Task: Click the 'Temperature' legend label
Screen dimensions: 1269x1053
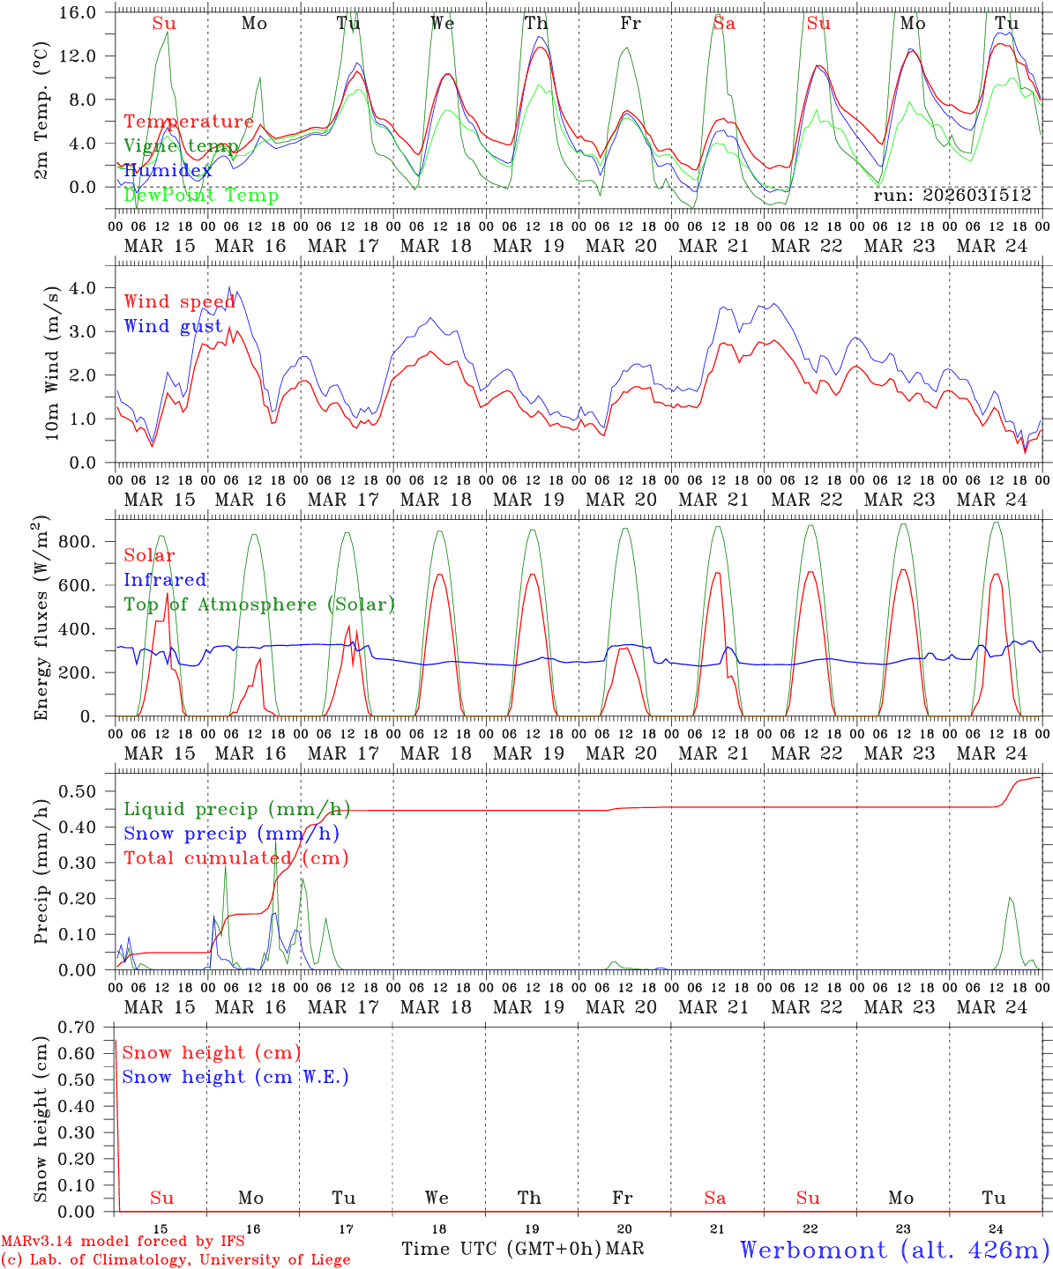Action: [x=189, y=122]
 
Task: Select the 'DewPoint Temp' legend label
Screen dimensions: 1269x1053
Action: [x=201, y=196]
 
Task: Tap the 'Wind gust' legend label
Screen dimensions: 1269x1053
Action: [x=173, y=326]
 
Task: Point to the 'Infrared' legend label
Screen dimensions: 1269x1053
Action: [x=165, y=580]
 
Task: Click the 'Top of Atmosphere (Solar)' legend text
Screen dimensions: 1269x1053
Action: [x=259, y=605]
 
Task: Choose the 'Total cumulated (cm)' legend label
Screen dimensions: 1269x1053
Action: [x=235, y=857]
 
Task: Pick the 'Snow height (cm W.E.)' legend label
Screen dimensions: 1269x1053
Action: [x=235, y=1077]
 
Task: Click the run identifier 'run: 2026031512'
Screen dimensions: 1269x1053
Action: [x=952, y=196]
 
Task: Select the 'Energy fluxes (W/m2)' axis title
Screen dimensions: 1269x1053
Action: [x=41, y=618]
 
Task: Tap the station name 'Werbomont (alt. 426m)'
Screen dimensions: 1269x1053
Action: [x=893, y=1250]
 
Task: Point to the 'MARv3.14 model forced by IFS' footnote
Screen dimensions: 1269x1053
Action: [x=123, y=1242]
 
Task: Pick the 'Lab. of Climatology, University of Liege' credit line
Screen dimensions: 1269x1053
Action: [x=175, y=1260]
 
